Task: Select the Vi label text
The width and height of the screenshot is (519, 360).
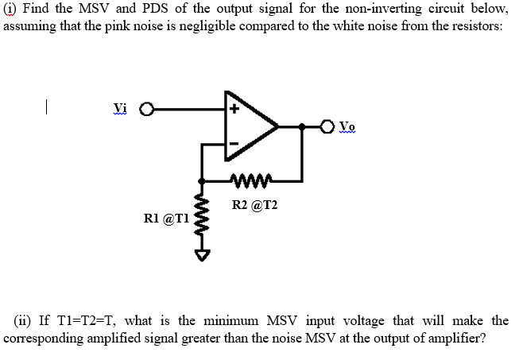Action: tap(120, 110)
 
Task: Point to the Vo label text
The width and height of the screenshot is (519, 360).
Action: tap(347, 126)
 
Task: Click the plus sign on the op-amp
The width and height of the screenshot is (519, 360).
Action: tap(236, 111)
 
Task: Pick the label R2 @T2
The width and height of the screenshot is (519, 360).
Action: tap(254, 205)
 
